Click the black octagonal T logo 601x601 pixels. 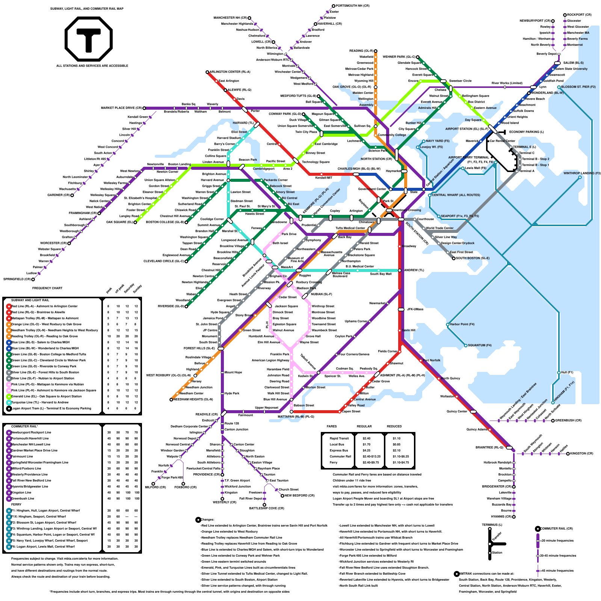pyautogui.click(x=89, y=39)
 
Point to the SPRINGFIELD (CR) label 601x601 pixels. pyautogui.click(x=17, y=279)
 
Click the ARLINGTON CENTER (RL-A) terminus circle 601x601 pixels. pyautogui.click(x=207, y=72)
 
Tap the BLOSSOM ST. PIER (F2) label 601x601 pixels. pyautogui.click(x=578, y=87)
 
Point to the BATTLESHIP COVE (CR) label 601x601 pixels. pyautogui.click(x=267, y=509)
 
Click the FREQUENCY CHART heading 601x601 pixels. pyautogui.click(x=47, y=288)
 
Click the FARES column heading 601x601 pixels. pyautogui.click(x=332, y=426)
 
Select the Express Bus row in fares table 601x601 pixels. pyautogui.click(x=337, y=450)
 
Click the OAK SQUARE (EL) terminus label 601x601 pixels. pyautogui.click(x=119, y=222)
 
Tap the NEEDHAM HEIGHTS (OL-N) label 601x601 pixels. pyautogui.click(x=193, y=399)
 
